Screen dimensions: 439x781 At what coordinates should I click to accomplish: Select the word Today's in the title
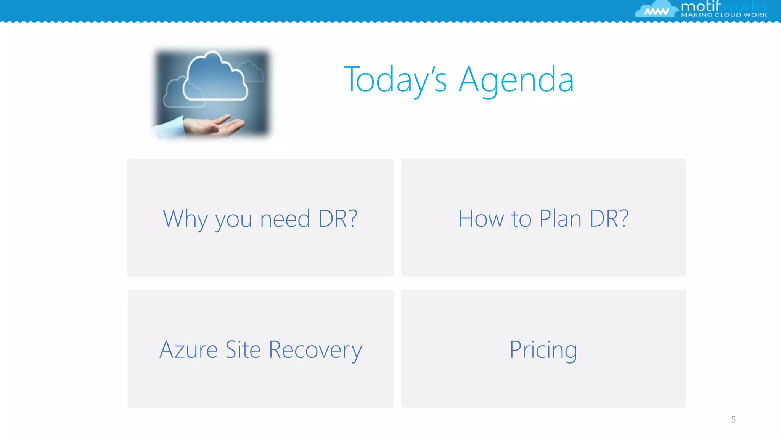pyautogui.click(x=395, y=80)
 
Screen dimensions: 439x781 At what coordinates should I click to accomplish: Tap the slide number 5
pyautogui.click(x=733, y=420)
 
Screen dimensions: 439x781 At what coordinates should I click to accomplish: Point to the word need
pyautogui.click(x=285, y=219)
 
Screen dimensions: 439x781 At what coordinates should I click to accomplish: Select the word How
pyautogui.click(x=481, y=219)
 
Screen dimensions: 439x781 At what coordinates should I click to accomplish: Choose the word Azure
pyautogui.click(x=188, y=349)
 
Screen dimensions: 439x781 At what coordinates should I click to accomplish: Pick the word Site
pyautogui.click(x=243, y=349)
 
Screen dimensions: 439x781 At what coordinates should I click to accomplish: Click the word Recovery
pyautogui.click(x=315, y=350)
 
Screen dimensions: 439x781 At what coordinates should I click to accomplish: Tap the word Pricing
pyautogui.click(x=543, y=350)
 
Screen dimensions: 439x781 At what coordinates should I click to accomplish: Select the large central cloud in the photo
pyautogui.click(x=215, y=78)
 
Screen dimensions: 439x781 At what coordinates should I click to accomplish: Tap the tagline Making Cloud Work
pyautogui.click(x=724, y=15)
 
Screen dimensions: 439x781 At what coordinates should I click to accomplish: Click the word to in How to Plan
pyautogui.click(x=521, y=219)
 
